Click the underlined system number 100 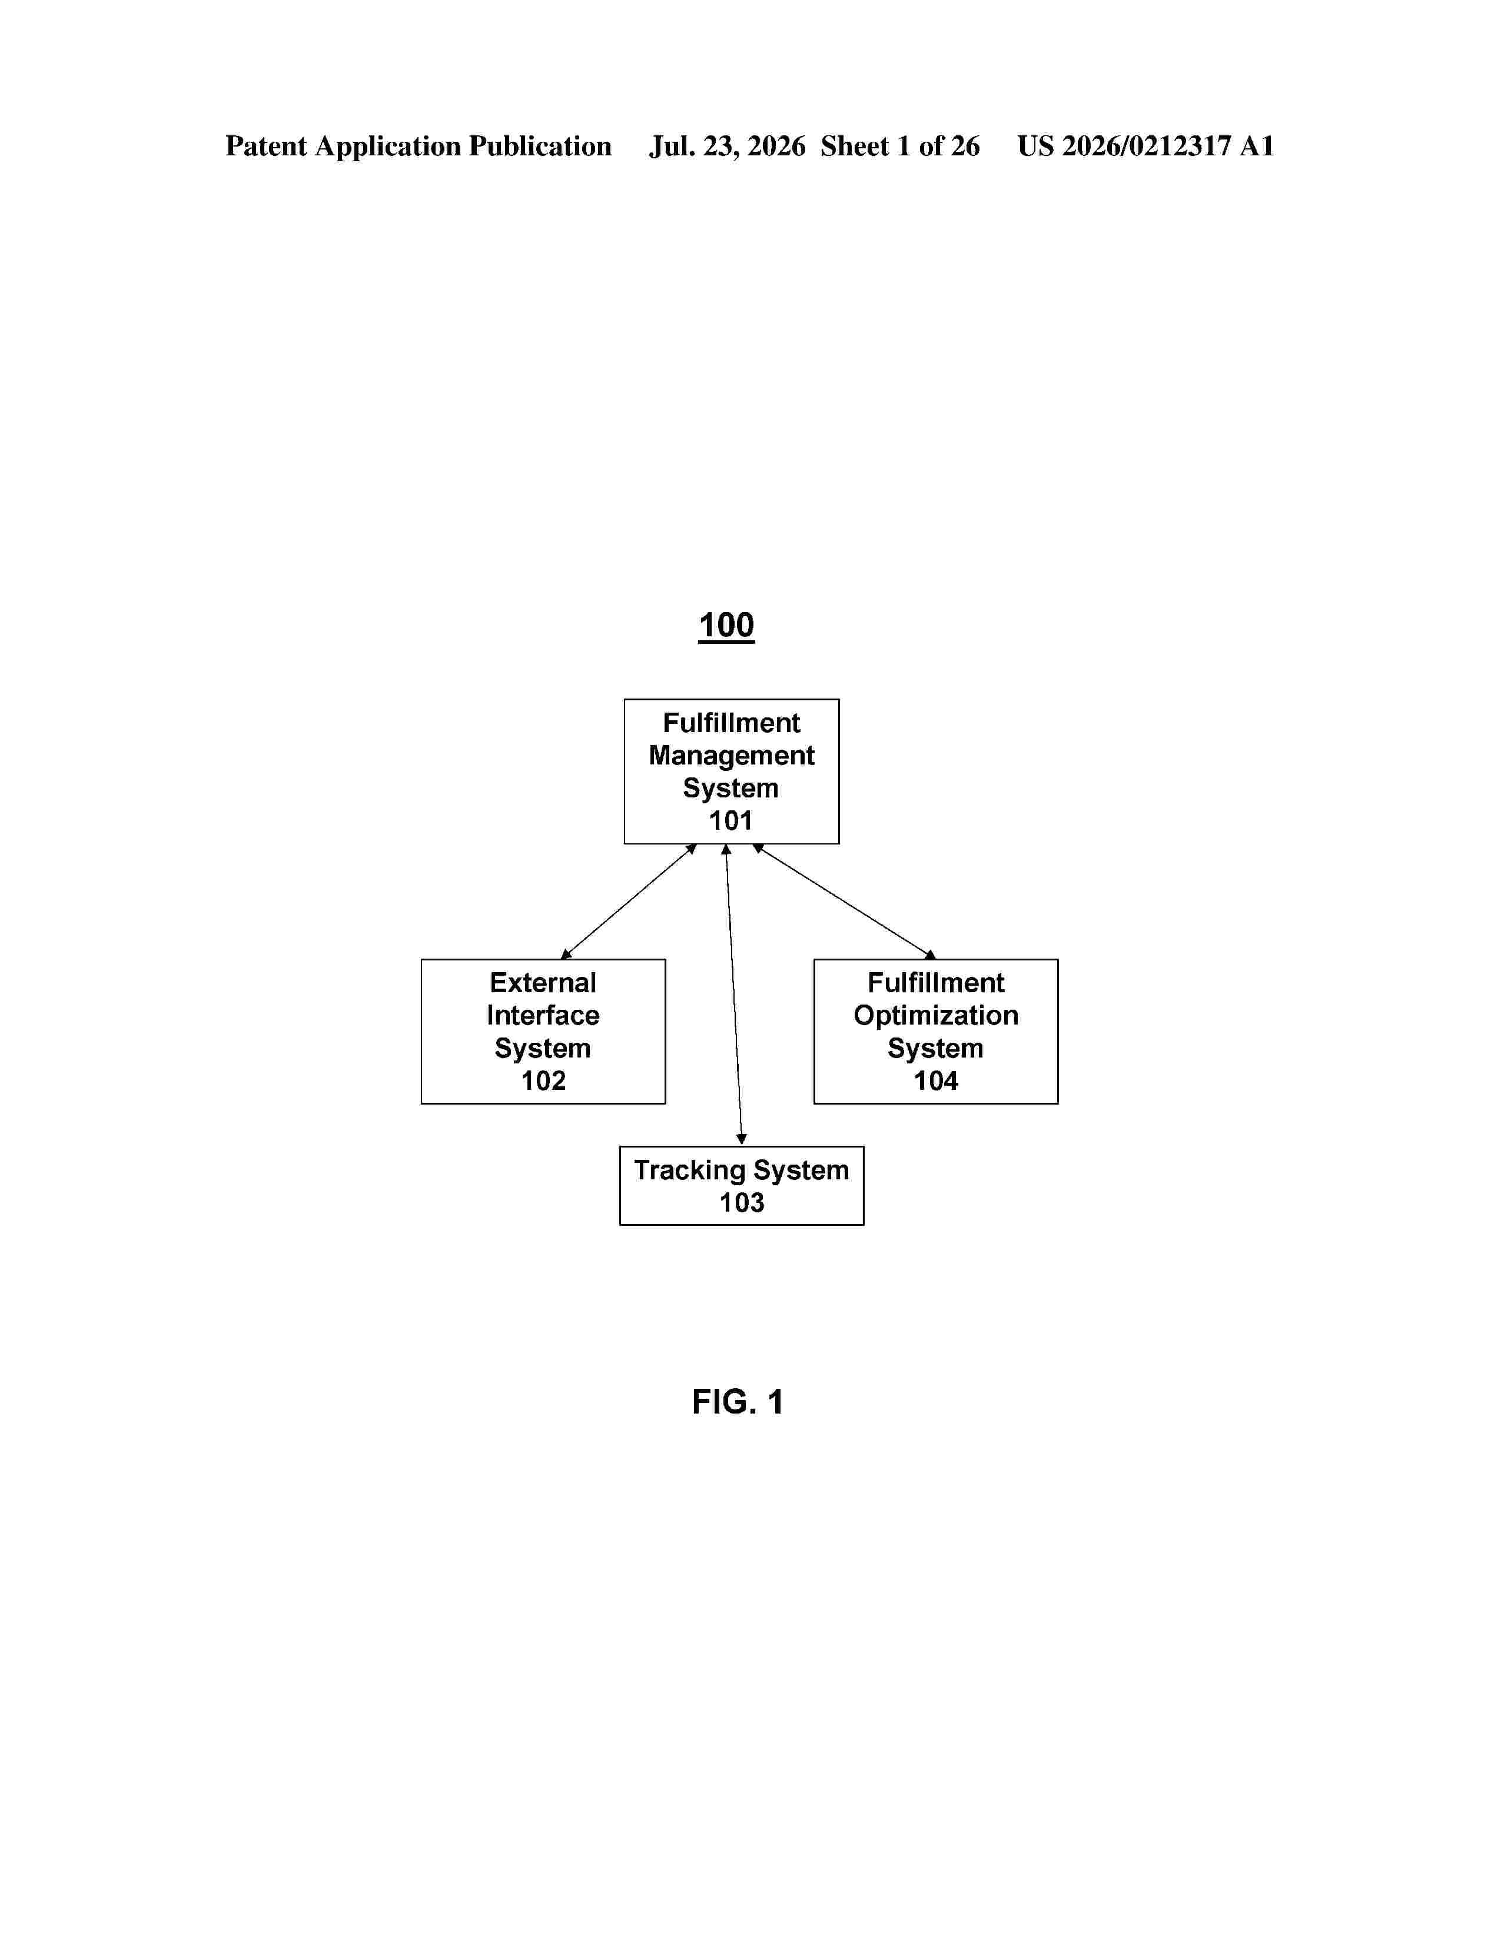pos(726,625)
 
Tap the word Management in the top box pos(731,756)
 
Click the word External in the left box pos(543,983)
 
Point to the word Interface pos(543,1016)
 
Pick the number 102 pos(543,1080)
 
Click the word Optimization pos(935,1016)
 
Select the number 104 pos(935,1080)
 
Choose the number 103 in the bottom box pos(742,1202)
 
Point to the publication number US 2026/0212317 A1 pos(1145,146)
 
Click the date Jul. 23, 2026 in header pos(728,146)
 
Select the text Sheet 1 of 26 pos(900,146)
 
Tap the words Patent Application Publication pos(418,147)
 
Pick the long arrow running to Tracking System pos(733,994)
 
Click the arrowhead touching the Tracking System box pos(742,1139)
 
